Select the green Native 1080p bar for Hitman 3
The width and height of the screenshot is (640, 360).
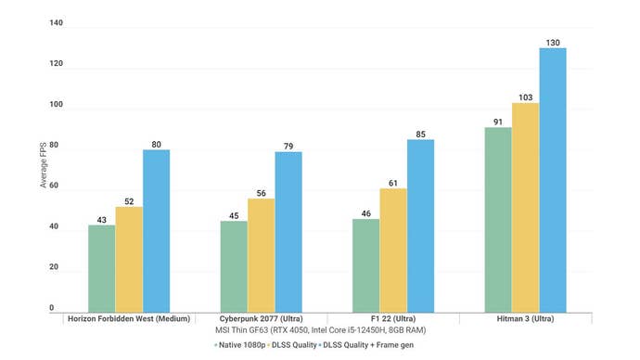click(x=498, y=219)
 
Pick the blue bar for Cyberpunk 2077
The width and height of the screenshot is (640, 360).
click(x=288, y=231)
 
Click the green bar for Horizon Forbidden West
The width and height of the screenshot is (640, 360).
click(x=102, y=268)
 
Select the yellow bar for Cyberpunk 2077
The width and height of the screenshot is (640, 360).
click(x=261, y=254)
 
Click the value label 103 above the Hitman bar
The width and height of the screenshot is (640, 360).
click(x=525, y=96)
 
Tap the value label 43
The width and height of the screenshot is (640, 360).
click(x=102, y=219)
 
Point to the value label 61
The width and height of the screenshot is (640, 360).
click(x=392, y=182)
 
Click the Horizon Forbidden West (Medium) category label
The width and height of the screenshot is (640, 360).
click(x=130, y=318)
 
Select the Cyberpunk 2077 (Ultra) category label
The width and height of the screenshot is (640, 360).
click(x=262, y=318)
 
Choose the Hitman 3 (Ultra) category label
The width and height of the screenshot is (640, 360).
click(x=525, y=318)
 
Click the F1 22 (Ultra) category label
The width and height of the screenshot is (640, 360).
click(x=392, y=318)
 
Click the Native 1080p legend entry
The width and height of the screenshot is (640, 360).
click(x=240, y=344)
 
